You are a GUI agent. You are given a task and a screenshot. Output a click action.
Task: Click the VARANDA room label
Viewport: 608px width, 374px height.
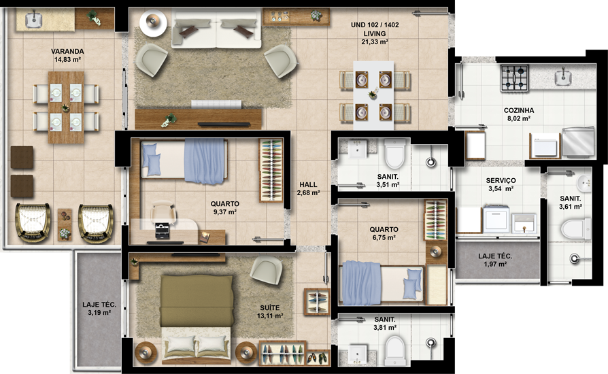67,51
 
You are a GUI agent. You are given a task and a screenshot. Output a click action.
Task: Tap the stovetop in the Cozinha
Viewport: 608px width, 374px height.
515,78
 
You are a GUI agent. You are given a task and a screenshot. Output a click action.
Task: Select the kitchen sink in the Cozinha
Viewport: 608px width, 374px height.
562,76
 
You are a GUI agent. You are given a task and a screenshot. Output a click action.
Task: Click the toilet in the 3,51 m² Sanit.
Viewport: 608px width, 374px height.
394,154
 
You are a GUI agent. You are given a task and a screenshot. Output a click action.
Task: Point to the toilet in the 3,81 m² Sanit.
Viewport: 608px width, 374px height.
395,351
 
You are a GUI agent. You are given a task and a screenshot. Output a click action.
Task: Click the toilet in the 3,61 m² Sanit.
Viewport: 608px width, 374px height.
575,228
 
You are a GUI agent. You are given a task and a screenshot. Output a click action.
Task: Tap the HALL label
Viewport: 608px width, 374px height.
308,185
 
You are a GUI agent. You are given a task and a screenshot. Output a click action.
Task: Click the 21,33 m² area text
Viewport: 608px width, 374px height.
375,42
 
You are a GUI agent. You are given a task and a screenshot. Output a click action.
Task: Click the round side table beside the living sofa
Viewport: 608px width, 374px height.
153,23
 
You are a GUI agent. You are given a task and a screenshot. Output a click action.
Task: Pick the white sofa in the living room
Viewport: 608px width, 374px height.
216,30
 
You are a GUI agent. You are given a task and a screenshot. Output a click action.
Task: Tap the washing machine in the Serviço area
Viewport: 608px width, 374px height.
496,219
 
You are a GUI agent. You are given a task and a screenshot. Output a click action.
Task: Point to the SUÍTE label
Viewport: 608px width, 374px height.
270,308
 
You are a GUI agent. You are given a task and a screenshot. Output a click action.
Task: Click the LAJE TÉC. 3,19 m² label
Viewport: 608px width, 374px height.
99,309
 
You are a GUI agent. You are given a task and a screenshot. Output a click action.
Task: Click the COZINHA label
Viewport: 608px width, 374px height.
519,110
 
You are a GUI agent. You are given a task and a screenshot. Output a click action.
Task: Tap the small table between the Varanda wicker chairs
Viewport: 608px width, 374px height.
65,225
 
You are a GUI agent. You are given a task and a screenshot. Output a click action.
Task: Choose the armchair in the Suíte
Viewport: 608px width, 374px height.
267,270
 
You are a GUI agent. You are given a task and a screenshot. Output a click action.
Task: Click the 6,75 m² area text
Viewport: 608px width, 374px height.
384,237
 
